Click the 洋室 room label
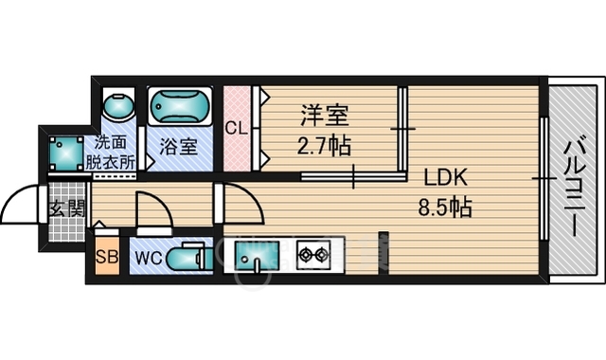tap(325, 117)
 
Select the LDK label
tap(445, 177)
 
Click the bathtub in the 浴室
tap(181, 109)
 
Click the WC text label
tap(149, 257)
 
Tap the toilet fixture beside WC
tap(189, 256)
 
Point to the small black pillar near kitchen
tap(383, 249)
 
